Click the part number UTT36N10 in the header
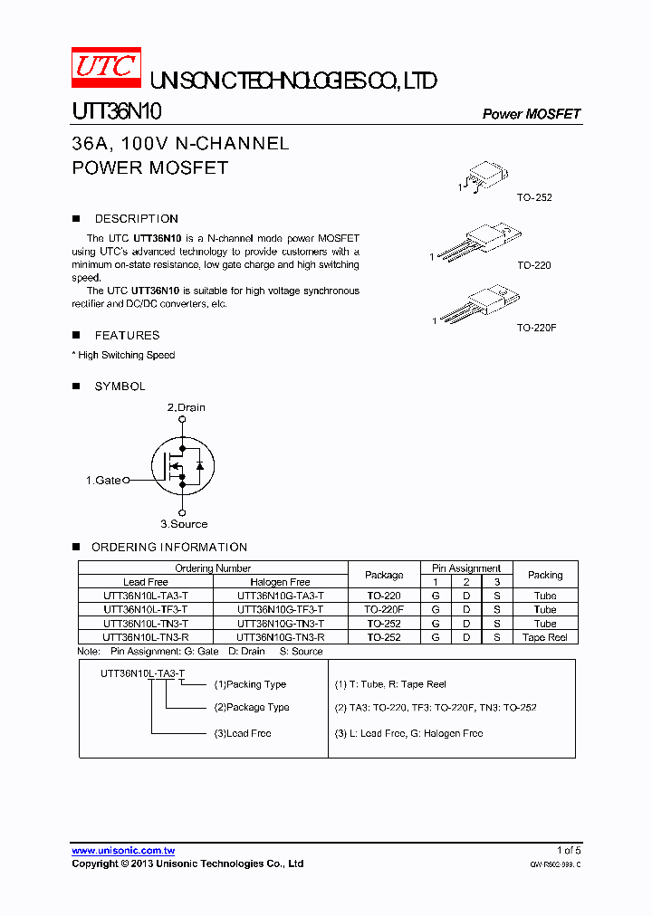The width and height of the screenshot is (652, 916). click(117, 111)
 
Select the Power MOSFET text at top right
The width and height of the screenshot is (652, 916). click(531, 114)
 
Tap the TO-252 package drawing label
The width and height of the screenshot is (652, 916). click(534, 197)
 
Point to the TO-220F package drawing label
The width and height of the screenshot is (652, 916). click(536, 327)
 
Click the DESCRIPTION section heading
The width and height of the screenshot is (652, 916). click(136, 219)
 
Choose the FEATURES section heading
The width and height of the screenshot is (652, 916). click(127, 336)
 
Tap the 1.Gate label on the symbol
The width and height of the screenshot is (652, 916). click(103, 481)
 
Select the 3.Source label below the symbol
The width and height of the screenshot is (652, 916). click(184, 524)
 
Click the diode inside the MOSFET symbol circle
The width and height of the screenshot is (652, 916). click(199, 465)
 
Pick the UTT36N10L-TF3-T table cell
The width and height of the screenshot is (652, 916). click(146, 610)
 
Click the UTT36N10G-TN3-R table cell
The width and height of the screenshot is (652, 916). click(280, 637)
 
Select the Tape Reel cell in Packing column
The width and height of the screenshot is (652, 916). click(545, 637)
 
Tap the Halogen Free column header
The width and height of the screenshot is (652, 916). click(280, 582)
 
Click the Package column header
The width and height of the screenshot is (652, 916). click(384, 575)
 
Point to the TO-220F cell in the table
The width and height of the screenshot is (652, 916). click(384, 610)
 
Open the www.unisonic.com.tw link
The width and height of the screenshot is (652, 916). click(123, 851)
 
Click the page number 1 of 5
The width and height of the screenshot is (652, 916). click(569, 851)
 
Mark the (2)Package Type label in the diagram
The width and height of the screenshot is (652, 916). click(252, 708)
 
